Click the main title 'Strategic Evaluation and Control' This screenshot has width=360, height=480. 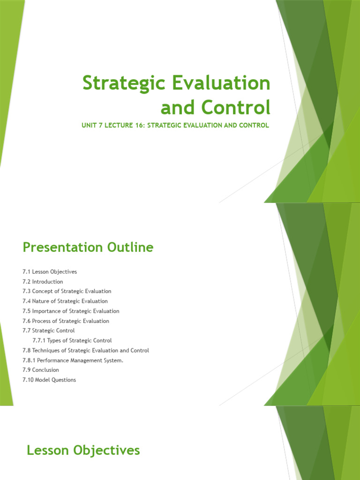(x=176, y=95)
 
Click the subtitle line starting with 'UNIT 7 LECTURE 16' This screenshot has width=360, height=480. (x=176, y=126)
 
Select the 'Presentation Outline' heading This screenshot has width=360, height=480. (x=88, y=247)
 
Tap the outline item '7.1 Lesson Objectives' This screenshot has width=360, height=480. (x=49, y=272)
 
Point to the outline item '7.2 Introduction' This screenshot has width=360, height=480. (x=42, y=282)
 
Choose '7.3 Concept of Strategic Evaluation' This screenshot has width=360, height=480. (x=67, y=292)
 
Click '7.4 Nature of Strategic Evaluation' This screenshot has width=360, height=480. (x=65, y=301)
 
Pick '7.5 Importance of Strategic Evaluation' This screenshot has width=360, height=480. (x=70, y=311)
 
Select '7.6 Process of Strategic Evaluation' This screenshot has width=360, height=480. (x=66, y=321)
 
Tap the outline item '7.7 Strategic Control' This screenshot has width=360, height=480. (x=48, y=331)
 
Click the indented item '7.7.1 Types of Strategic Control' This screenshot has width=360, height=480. (x=72, y=341)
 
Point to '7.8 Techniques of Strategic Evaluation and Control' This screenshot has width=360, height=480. (x=85, y=351)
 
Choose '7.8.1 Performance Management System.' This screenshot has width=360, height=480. (x=73, y=360)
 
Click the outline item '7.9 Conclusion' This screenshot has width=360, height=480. (x=40, y=370)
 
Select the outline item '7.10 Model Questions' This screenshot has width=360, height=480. (x=49, y=380)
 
